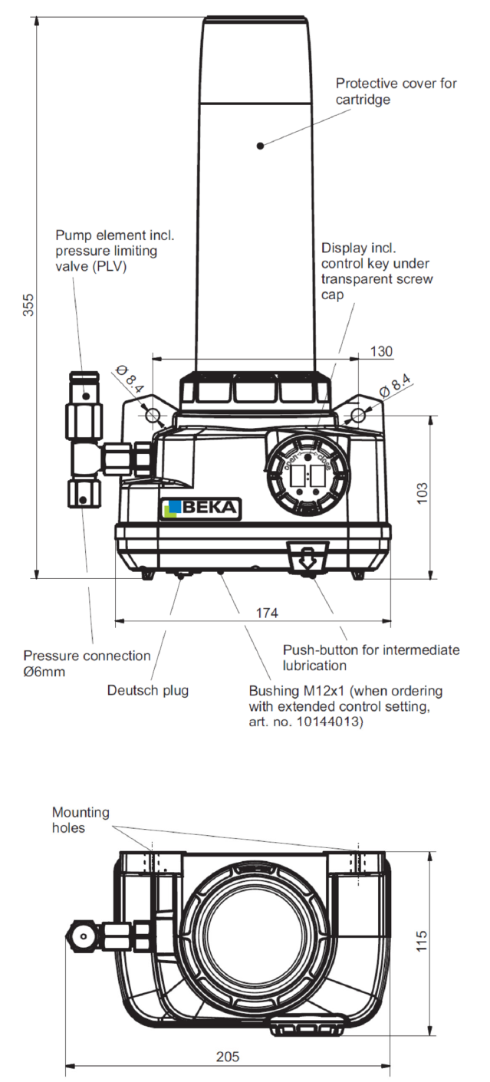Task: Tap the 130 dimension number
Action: (x=381, y=351)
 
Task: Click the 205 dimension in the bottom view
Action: (x=227, y=1056)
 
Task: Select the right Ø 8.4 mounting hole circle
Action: (x=357, y=415)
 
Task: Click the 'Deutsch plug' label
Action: (x=147, y=690)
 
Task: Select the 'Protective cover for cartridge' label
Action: (x=396, y=91)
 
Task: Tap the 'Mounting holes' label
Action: (x=81, y=820)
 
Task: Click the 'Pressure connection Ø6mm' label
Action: (x=87, y=663)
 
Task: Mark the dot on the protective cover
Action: (x=260, y=144)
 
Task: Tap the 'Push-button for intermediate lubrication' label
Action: (x=371, y=657)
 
